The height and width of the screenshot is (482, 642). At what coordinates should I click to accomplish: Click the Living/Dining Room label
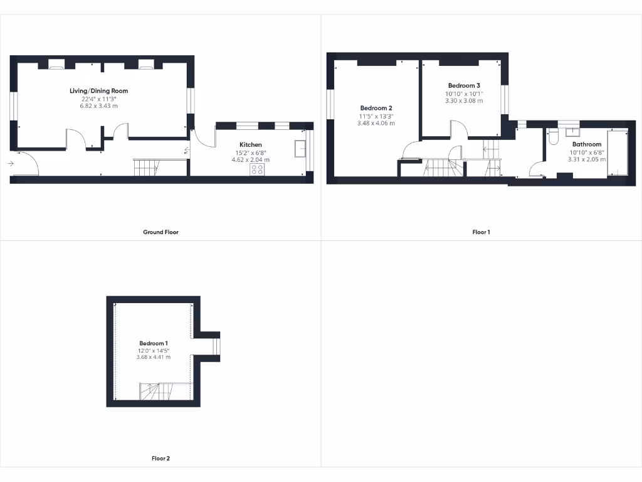[x=98, y=91]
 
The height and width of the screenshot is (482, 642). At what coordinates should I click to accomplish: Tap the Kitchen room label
[x=251, y=145]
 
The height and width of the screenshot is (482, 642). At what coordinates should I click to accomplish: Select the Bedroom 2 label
[x=376, y=108]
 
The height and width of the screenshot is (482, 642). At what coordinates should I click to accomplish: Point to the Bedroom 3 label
[x=464, y=85]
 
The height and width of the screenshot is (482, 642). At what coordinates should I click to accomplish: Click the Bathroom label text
[x=586, y=144]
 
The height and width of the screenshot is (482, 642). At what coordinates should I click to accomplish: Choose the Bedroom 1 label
[x=154, y=343]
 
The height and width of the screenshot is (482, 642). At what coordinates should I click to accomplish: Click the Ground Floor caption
[x=160, y=232]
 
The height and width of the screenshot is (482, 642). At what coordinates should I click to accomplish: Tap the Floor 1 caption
[x=481, y=232]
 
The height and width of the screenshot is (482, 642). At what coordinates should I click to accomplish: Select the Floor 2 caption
[x=160, y=459]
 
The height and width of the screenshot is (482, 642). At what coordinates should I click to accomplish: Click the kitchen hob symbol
[x=257, y=169]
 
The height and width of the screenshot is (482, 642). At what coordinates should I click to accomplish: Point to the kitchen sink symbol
[x=300, y=149]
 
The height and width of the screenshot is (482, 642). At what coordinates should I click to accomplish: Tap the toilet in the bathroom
[x=552, y=137]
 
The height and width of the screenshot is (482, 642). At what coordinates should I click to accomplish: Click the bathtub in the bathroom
[x=617, y=154]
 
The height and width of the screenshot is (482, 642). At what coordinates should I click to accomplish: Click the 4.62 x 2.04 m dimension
[x=251, y=160]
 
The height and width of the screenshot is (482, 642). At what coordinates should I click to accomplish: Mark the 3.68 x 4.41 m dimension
[x=153, y=357]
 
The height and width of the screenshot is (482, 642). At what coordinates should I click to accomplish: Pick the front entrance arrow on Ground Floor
[x=11, y=164]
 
